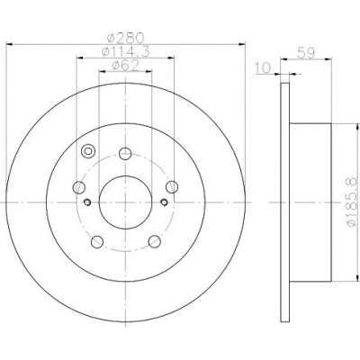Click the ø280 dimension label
pos(126,38)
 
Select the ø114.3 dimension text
pos(125,51)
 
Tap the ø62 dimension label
pos(125,66)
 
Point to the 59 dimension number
pos(306,53)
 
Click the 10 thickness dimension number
pos(263,67)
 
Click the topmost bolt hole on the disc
pos(125,154)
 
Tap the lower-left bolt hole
pos(97,242)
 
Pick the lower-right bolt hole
pos(155,241)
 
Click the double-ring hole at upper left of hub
pos(88,151)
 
